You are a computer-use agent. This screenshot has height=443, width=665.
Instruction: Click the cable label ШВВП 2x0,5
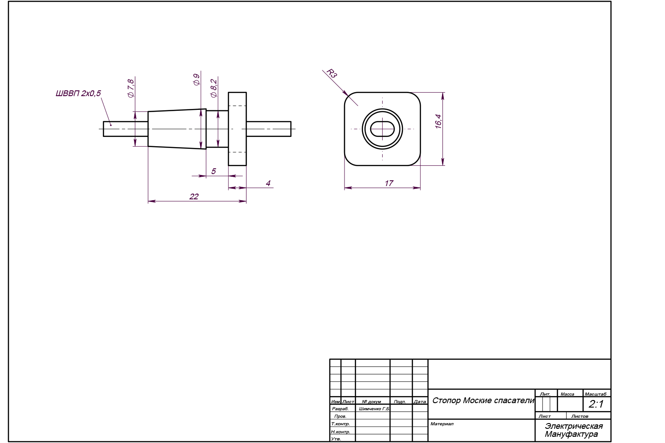point(78,93)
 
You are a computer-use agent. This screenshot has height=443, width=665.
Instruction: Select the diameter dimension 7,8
point(131,88)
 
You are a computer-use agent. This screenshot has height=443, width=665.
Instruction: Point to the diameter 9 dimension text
point(196,80)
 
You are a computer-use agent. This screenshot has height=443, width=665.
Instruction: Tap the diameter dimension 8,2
point(214,88)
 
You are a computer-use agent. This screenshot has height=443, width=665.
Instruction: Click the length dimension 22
point(194,196)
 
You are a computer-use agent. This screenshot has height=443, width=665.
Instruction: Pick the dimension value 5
point(213,171)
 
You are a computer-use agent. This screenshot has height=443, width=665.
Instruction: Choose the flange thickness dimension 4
point(268,183)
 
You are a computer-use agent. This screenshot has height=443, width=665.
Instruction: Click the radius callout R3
point(332,73)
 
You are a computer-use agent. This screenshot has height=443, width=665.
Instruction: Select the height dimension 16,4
point(438,121)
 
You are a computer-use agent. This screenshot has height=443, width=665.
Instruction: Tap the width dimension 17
point(389,183)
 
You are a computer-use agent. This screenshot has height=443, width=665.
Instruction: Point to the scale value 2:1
point(596,404)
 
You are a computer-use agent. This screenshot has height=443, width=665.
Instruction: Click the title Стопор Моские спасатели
point(483,400)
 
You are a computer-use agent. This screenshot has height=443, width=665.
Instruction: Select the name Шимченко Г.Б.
point(374,409)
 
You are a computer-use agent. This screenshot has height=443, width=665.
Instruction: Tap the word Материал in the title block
point(442,424)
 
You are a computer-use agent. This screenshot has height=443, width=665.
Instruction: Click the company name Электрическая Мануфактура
point(574,430)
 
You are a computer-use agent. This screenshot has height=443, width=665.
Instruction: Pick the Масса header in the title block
point(567,394)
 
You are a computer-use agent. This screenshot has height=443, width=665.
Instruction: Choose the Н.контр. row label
point(341,432)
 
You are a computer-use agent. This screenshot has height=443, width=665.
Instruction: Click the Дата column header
point(420,401)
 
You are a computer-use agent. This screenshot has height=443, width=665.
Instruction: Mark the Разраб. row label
point(340,409)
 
